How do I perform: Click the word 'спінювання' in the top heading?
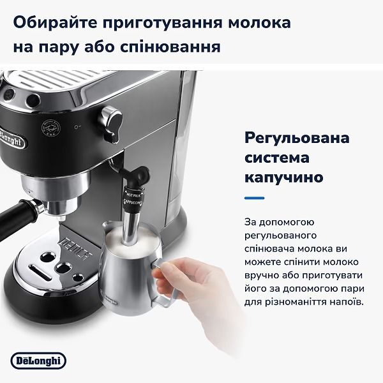[x=173, y=48]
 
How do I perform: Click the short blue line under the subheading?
[x=255, y=198]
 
